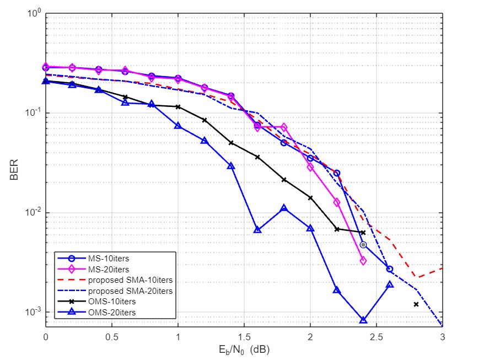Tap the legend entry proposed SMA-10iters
(130, 281)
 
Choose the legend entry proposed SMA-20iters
(130, 291)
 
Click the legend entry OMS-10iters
(111, 302)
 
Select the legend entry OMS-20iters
(111, 313)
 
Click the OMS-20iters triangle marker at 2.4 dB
(363, 320)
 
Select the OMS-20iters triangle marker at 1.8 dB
(284, 208)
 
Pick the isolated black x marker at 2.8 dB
(416, 304)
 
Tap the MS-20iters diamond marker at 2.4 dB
(363, 261)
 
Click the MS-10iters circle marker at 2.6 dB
(390, 269)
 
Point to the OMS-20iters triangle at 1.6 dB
(257, 229)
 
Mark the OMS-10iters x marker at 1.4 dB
(231, 143)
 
